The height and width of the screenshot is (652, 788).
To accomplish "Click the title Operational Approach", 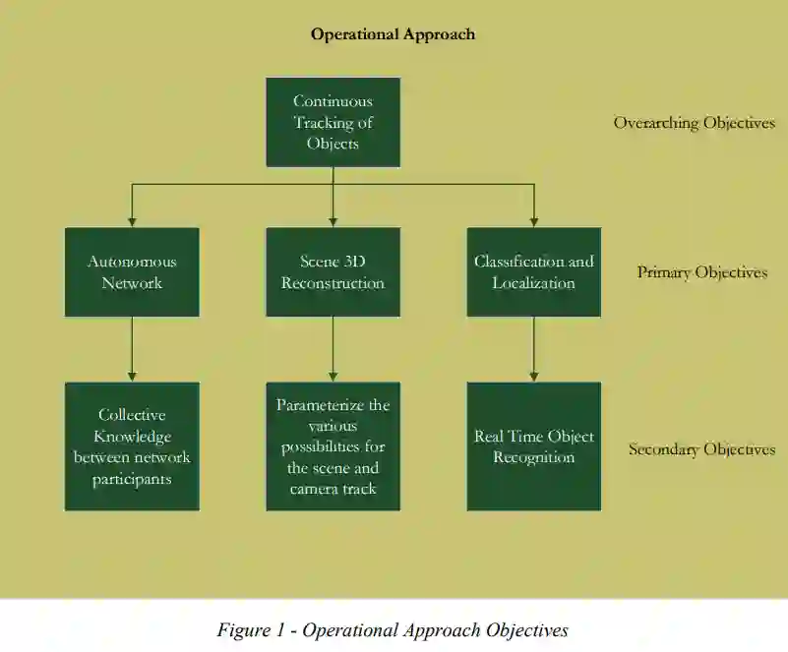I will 393,34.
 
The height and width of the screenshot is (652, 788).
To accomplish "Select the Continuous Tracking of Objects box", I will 333,122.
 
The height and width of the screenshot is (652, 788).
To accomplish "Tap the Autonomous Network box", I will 132,272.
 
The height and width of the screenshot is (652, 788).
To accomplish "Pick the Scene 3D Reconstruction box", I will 333,272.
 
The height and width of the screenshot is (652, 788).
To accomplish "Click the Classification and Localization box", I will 533,272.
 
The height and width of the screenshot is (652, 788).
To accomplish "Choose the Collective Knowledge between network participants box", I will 132,446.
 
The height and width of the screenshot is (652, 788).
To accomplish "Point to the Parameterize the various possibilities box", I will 333,446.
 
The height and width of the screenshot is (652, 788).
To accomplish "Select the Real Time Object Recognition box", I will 533,446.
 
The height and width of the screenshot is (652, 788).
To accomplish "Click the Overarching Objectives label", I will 694,123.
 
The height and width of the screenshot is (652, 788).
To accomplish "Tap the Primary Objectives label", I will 701,272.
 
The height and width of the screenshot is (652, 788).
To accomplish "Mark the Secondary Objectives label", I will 701,449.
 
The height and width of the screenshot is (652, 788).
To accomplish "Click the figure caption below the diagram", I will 393,629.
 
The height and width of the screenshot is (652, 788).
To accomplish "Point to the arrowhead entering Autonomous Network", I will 132,221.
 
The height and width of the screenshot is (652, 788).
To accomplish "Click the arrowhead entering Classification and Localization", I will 533,221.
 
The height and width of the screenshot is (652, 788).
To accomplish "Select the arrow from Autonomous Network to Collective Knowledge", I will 132,349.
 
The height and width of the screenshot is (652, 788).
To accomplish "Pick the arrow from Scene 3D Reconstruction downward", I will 333,349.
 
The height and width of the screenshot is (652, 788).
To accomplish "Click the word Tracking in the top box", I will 333,122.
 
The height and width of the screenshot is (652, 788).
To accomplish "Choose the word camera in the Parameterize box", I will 313,489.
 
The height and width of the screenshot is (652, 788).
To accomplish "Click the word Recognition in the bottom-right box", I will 533,457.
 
